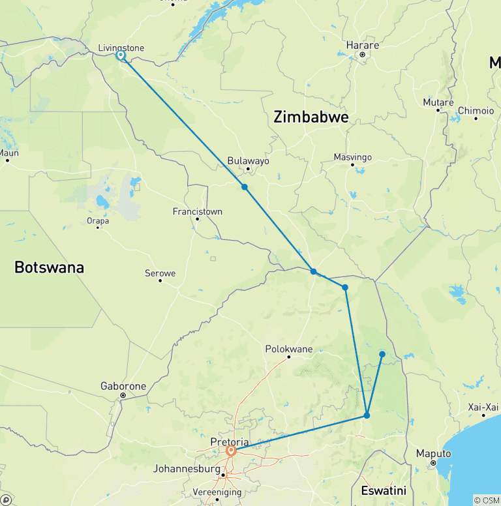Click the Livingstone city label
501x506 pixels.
pyautogui.click(x=121, y=48)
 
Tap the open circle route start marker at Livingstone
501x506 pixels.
pyautogui.click(x=121, y=56)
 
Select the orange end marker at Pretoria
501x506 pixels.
pyautogui.click(x=231, y=451)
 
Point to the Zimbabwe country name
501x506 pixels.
pyautogui.click(x=311, y=117)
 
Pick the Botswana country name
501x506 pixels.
pyautogui.click(x=49, y=267)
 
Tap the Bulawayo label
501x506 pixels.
pyautogui.click(x=248, y=161)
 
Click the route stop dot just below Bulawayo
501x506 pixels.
pyautogui.click(x=245, y=187)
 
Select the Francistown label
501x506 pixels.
pyautogui.click(x=197, y=211)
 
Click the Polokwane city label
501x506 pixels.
pyautogui.click(x=289, y=350)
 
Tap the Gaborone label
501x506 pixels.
pyautogui.click(x=123, y=386)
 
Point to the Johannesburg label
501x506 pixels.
pyautogui.click(x=187, y=468)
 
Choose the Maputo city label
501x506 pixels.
pyautogui.click(x=434, y=454)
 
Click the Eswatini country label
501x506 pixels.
pyautogui.click(x=383, y=490)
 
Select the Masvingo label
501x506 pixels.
pyautogui.click(x=352, y=157)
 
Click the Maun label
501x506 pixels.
pyautogui.click(x=8, y=153)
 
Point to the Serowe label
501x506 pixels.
pyautogui.click(x=160, y=273)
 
